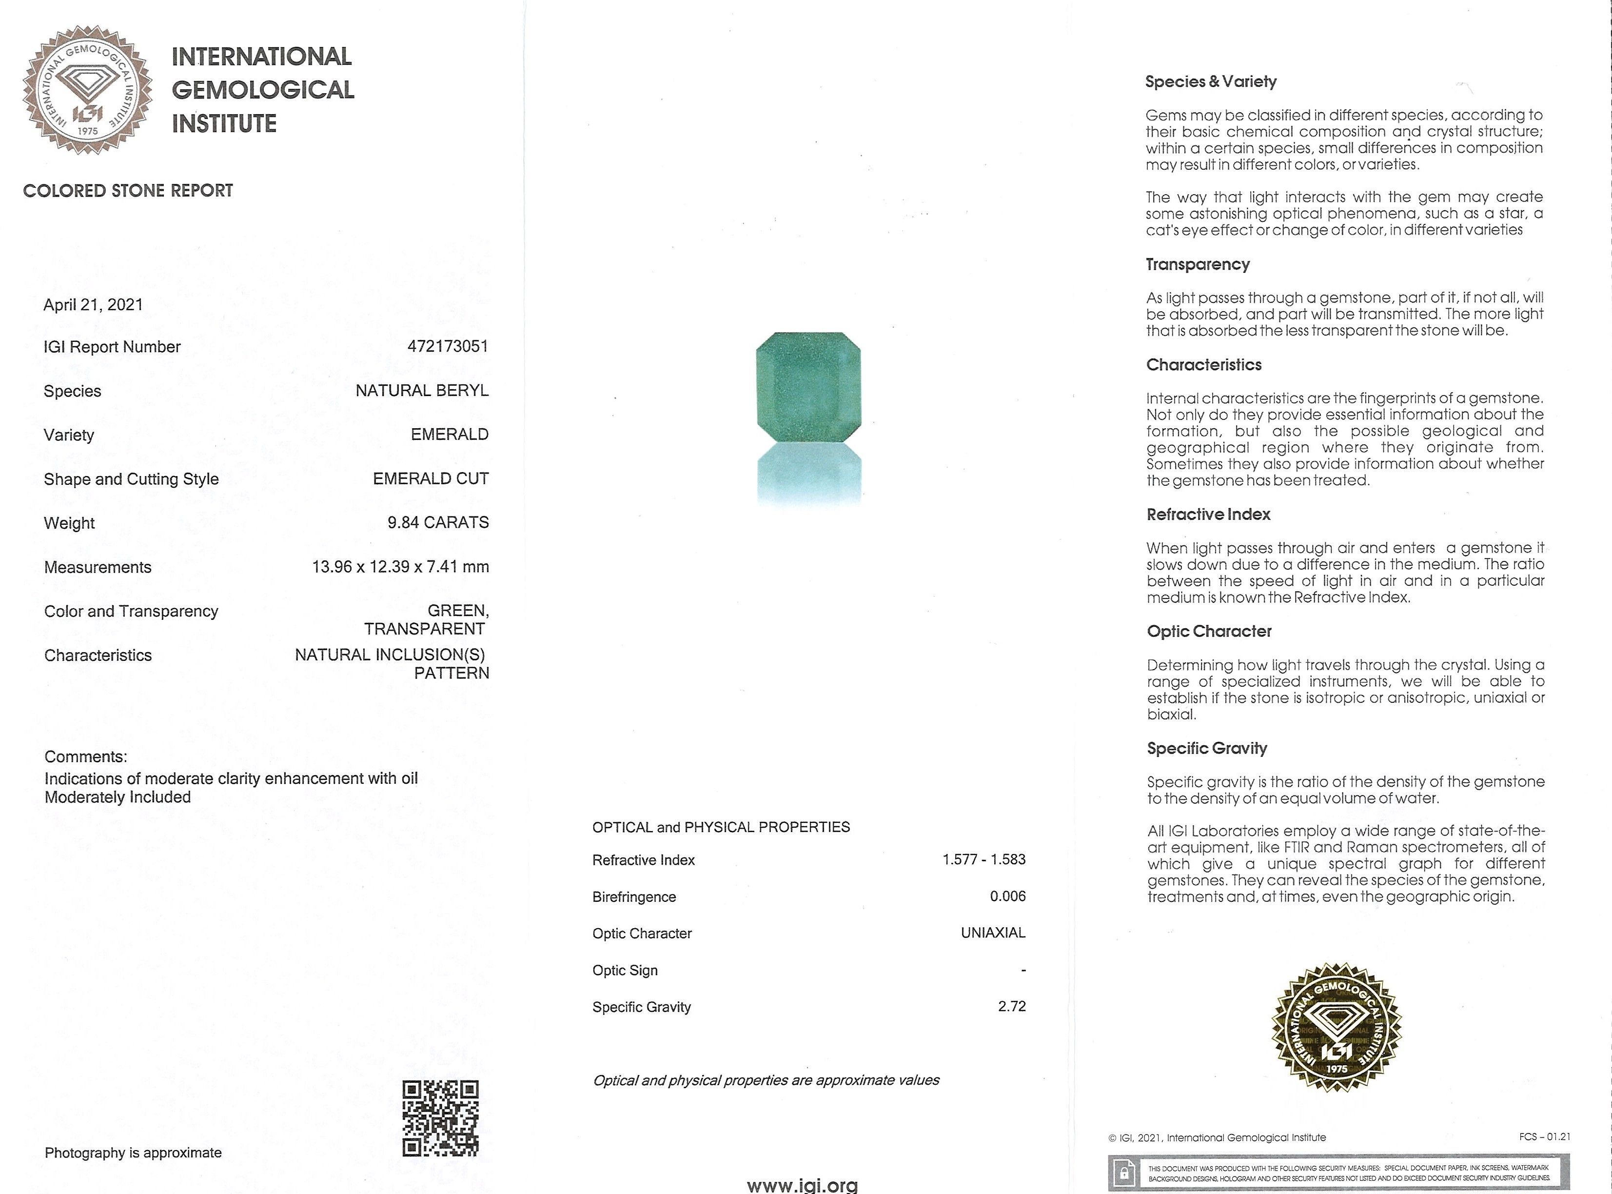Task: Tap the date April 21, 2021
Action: point(93,305)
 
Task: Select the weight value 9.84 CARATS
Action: point(438,522)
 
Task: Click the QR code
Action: point(440,1118)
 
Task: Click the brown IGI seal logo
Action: point(87,90)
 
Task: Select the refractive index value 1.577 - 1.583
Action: point(983,859)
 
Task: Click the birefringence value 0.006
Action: point(1007,896)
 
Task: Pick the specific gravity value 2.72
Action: point(1012,1006)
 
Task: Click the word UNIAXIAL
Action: point(993,933)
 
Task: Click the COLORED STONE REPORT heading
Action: point(128,191)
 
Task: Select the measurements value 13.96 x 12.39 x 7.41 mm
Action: point(400,567)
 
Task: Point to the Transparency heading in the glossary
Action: point(1197,264)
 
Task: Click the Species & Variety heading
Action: point(1210,81)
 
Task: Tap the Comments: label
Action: point(85,756)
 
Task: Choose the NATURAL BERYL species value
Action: point(422,390)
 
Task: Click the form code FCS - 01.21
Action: point(1544,1137)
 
